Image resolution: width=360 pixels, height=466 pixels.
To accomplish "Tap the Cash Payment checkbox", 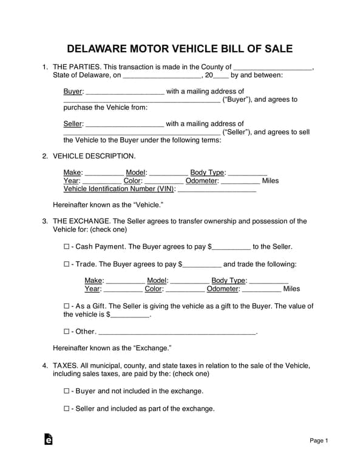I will (x=66, y=247).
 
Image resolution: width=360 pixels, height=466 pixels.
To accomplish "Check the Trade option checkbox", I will (x=66, y=265).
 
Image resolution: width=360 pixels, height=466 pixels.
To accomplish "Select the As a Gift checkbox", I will (x=66, y=306).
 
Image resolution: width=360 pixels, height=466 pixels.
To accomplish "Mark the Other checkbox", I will (x=66, y=332).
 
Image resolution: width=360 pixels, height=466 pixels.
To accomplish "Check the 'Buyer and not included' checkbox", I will (x=66, y=391).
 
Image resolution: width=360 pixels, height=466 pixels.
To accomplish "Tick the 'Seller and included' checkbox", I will (x=66, y=409).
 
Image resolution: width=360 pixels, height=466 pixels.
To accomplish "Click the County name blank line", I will (x=273, y=68).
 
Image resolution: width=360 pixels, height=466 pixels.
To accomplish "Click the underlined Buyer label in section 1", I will (x=73, y=92).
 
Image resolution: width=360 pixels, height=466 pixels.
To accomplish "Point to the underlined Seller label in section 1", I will (x=73, y=124).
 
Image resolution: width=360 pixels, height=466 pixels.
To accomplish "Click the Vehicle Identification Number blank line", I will (x=217, y=189).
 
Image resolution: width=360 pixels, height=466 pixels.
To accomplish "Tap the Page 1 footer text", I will (x=319, y=441).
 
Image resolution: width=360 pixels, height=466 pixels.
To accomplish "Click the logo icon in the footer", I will (x=49, y=440).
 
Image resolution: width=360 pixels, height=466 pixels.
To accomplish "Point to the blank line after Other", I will (x=177, y=333).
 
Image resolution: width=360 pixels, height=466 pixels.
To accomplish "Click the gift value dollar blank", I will (x=129, y=316).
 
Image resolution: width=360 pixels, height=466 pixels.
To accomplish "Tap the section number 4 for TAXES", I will (x=45, y=366).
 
